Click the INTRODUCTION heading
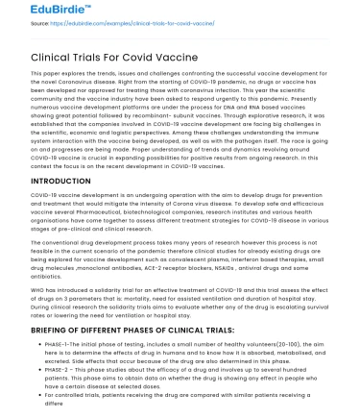48,180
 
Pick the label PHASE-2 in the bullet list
55,370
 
